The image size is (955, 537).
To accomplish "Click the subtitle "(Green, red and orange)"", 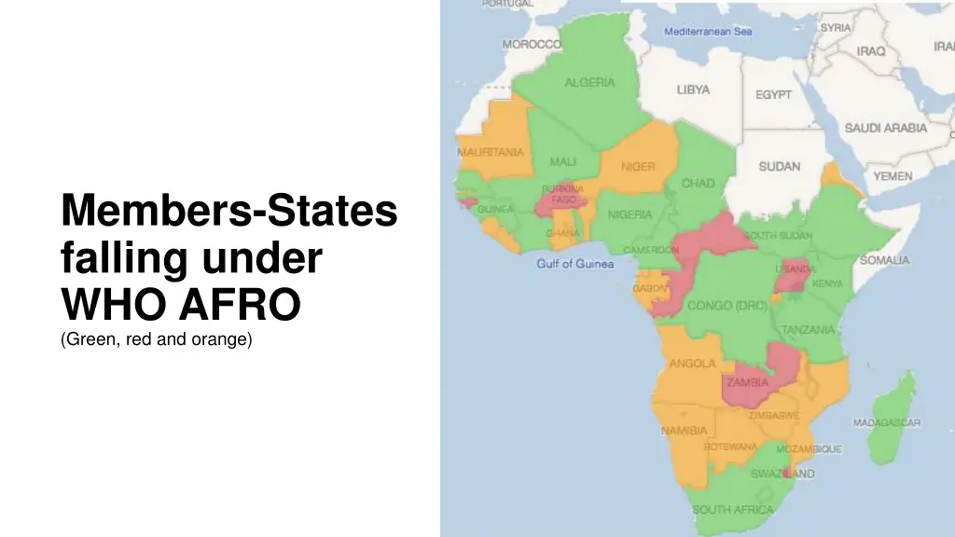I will pyautogui.click(x=157, y=340).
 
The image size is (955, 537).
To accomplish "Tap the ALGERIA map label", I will pyautogui.click(x=589, y=82).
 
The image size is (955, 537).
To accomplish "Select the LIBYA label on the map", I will pyautogui.click(x=693, y=90).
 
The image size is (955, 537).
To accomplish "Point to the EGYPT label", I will pyautogui.click(x=773, y=95).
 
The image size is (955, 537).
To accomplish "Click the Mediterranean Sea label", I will pyautogui.click(x=708, y=32).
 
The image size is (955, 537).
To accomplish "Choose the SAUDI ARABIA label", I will pyautogui.click(x=885, y=128).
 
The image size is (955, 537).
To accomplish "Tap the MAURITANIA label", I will pyautogui.click(x=490, y=152).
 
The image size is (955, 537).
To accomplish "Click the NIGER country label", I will pyautogui.click(x=638, y=167).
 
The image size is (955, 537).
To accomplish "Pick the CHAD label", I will pyautogui.click(x=698, y=183).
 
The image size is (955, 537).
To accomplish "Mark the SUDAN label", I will pyautogui.click(x=779, y=167).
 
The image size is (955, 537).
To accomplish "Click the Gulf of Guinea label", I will pyautogui.click(x=574, y=264).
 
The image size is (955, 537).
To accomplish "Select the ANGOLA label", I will pyautogui.click(x=693, y=364).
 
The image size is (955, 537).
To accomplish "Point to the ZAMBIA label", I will pyautogui.click(x=747, y=382).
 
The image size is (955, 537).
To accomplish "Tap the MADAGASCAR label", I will pyautogui.click(x=886, y=423).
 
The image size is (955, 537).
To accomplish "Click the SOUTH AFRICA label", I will pyautogui.click(x=732, y=510).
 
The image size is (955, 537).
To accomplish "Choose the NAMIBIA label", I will pyautogui.click(x=684, y=431).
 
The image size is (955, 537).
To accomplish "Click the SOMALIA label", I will pyautogui.click(x=884, y=260).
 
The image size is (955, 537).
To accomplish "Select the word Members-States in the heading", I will pyautogui.click(x=229, y=211).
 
